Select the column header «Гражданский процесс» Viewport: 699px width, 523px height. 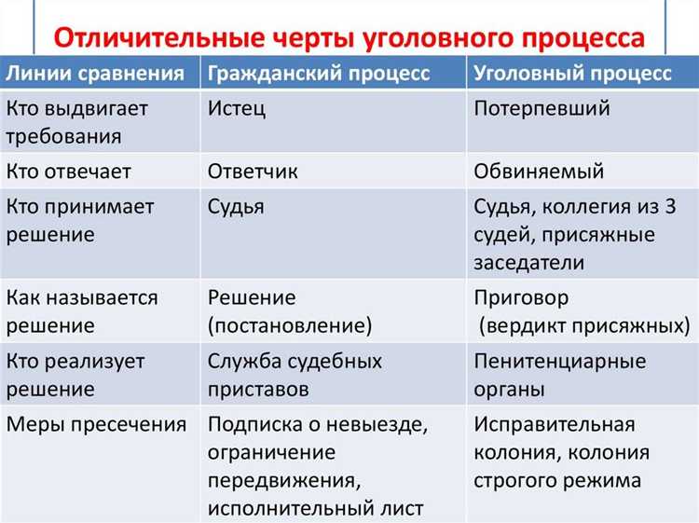319,75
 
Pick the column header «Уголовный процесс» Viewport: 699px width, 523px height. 572,75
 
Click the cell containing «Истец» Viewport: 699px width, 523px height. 237,108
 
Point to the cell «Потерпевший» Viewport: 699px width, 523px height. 542,108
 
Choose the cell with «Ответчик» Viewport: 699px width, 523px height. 254,172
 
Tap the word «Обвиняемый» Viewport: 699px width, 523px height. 539,172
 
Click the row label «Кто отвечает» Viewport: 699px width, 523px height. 69,172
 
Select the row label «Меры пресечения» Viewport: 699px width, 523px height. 96,424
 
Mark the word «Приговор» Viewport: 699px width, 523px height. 521,298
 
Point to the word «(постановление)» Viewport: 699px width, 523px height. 290,326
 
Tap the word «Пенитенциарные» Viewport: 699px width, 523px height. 559,361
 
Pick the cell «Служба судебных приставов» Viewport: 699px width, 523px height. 295,375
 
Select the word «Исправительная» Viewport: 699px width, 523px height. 555,424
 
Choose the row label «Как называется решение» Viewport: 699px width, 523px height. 82,311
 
